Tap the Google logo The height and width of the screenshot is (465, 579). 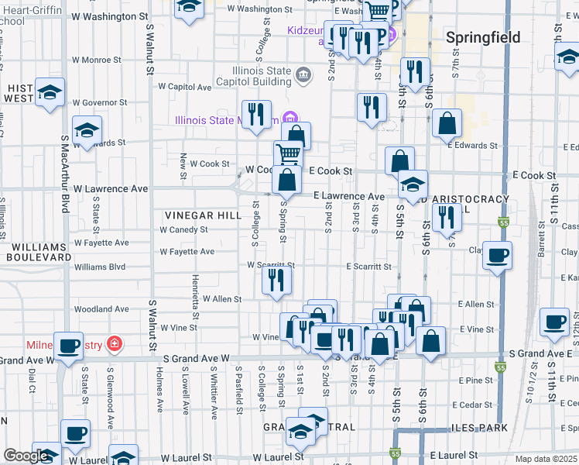(26, 456)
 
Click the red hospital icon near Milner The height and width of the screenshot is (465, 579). (115, 343)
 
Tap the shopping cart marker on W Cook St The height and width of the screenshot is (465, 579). (288, 153)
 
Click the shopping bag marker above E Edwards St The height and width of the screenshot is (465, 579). (447, 122)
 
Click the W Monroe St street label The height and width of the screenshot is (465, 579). (97, 60)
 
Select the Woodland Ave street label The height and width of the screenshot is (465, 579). (101, 309)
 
